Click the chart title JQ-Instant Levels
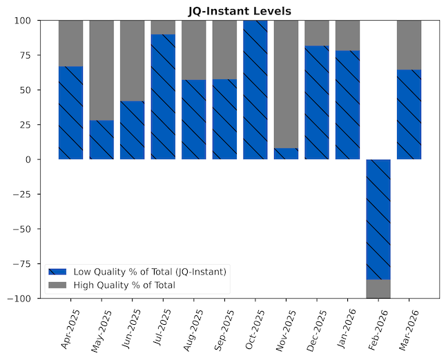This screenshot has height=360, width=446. (240, 10)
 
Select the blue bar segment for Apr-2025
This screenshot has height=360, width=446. (70, 112)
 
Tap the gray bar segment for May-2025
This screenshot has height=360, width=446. (101, 70)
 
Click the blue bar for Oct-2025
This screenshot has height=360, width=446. (255, 90)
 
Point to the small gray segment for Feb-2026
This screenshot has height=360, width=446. (378, 289)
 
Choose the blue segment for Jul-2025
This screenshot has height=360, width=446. (163, 97)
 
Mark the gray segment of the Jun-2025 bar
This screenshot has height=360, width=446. (132, 61)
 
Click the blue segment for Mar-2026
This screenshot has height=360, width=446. (409, 114)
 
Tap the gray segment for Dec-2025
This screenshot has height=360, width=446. (317, 33)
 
